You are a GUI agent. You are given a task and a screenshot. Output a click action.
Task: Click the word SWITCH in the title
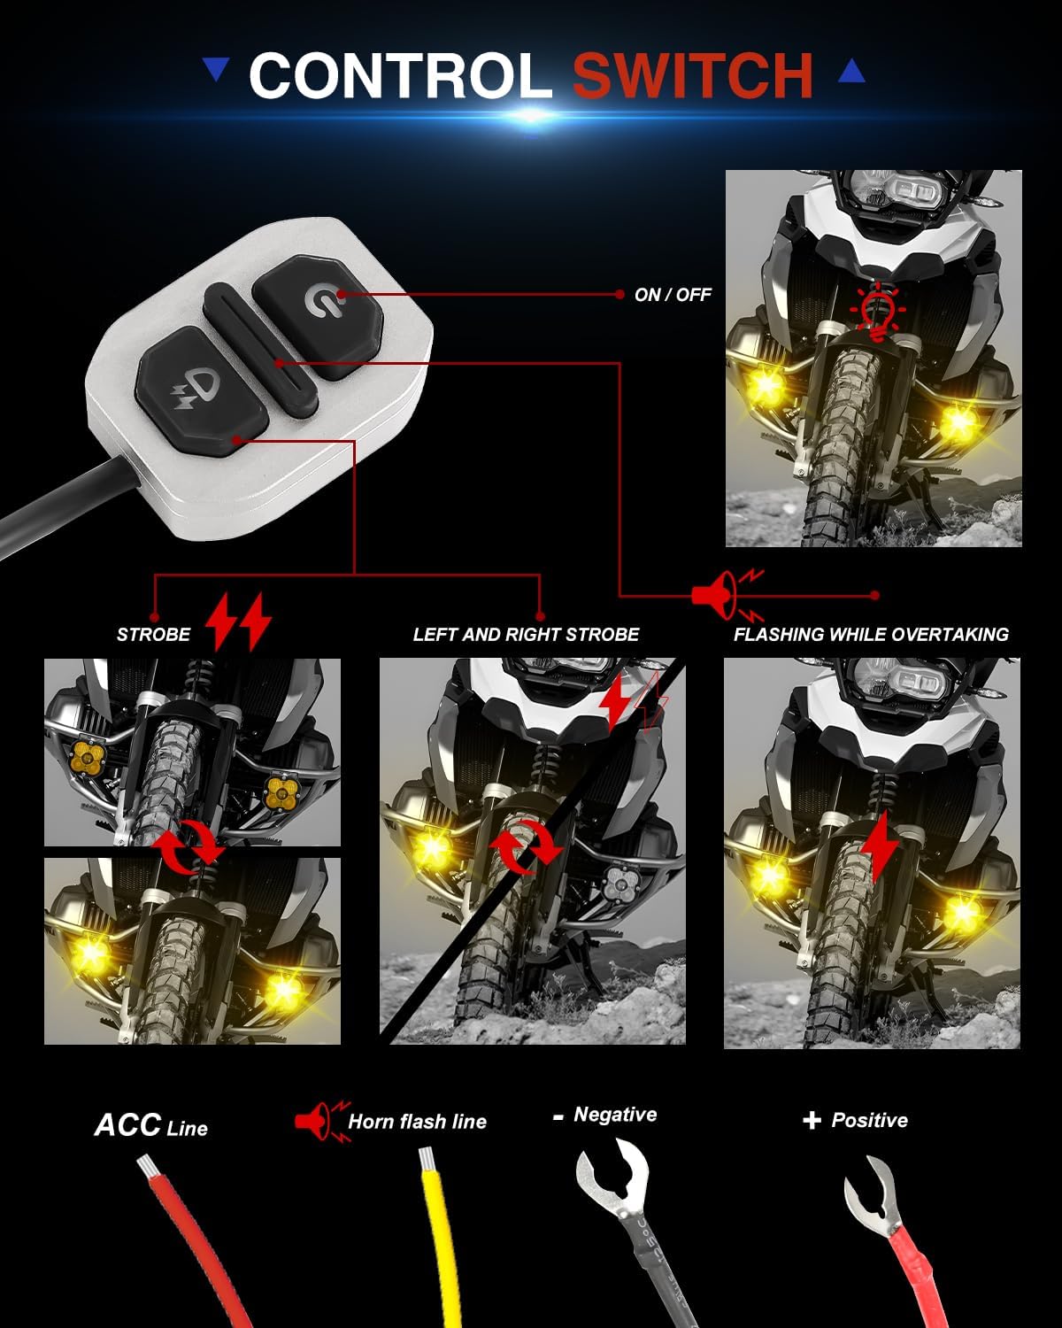[693, 75]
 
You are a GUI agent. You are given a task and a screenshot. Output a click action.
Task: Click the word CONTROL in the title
[400, 75]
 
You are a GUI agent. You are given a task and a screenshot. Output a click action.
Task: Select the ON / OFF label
[673, 295]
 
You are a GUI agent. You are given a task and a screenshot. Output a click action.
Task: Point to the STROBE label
[153, 635]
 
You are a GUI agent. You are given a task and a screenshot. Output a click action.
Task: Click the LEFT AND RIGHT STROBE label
[526, 635]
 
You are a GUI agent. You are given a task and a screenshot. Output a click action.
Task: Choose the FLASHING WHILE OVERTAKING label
[871, 635]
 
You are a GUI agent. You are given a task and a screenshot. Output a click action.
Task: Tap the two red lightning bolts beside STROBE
[238, 621]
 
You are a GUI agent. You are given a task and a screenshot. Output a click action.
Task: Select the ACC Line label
[151, 1125]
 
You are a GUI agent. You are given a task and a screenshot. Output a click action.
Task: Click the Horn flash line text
[417, 1122]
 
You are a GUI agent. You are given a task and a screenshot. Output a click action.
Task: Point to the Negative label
[614, 1115]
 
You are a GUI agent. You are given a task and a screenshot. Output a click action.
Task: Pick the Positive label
[868, 1121]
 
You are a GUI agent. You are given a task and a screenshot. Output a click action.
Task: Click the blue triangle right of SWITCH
[851, 71]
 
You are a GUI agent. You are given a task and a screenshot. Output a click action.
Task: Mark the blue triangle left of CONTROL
[216, 69]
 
